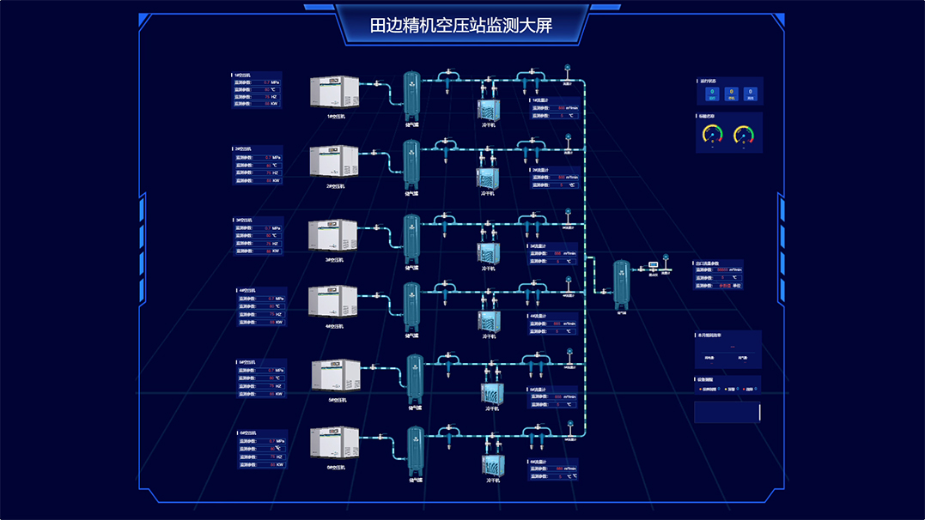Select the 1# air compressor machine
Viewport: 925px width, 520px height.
click(334, 92)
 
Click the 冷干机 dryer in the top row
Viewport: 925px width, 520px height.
click(489, 110)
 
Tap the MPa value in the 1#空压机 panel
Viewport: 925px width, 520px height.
click(267, 82)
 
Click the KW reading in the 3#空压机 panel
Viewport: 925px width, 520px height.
click(268, 251)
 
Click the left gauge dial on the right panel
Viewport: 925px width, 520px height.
click(713, 135)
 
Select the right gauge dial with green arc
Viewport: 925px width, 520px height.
click(744, 135)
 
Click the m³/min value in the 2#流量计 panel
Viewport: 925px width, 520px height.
click(561, 178)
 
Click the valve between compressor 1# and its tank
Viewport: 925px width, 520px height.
click(376, 84)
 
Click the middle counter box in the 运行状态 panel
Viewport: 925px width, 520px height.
click(730, 93)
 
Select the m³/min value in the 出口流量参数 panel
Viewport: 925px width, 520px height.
click(724, 270)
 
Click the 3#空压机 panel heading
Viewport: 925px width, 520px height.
click(244, 221)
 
